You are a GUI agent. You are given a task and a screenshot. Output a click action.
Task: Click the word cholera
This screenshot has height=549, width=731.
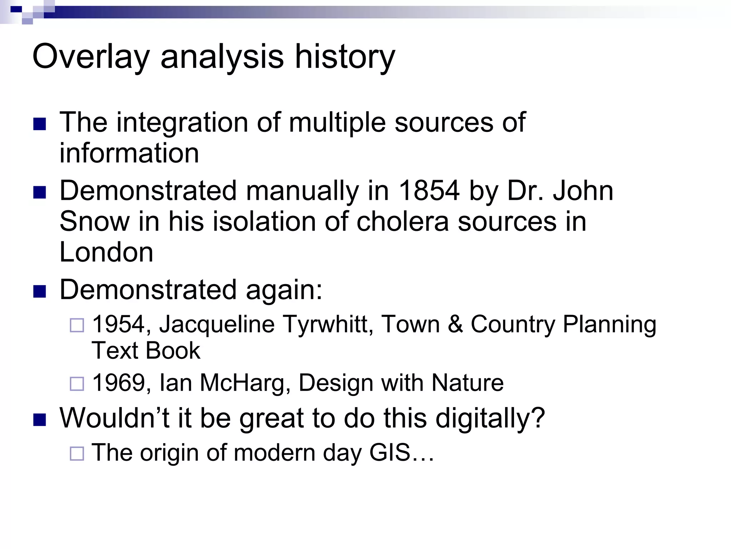click(402, 222)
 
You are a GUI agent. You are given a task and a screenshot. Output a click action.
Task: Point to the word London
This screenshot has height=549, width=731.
click(106, 252)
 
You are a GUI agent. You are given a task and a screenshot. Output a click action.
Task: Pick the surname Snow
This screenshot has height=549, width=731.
click(94, 222)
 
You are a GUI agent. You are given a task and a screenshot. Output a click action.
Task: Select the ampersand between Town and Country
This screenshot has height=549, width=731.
click(455, 325)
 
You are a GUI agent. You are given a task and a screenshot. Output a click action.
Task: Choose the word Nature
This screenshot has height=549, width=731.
click(468, 383)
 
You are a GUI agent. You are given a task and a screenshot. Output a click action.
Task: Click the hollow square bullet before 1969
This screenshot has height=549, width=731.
click(77, 384)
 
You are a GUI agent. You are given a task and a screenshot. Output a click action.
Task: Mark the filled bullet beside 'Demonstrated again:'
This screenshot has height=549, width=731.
click(40, 291)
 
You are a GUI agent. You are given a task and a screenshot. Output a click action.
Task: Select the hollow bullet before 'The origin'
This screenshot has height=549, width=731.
click(77, 454)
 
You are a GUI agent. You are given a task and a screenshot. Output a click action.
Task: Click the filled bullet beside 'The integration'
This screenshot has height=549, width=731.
click(40, 124)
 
